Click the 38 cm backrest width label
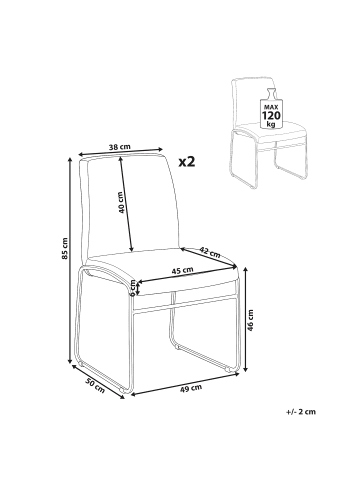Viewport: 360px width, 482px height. coord(120,147)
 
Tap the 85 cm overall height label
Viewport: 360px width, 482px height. coord(65,248)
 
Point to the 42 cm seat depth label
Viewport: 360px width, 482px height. coord(210,252)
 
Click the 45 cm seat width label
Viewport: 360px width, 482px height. coord(182,271)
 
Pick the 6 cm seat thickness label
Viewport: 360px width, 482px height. coord(133,288)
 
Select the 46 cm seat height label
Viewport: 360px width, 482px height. coord(251,320)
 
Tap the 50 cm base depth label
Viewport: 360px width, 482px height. coord(95,386)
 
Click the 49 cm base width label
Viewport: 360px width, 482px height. coord(191,387)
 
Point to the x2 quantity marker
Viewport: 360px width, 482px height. coord(187,162)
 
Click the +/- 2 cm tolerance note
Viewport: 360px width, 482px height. coord(301,412)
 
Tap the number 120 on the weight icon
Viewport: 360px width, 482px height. coord(271,116)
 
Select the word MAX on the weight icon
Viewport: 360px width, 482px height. coord(271,107)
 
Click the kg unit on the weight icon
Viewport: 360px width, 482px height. coord(271,124)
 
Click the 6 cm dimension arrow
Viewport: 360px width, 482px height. coord(139,288)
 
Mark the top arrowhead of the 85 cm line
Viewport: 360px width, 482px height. coord(70,159)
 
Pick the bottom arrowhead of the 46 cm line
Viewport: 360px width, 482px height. coord(246,368)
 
